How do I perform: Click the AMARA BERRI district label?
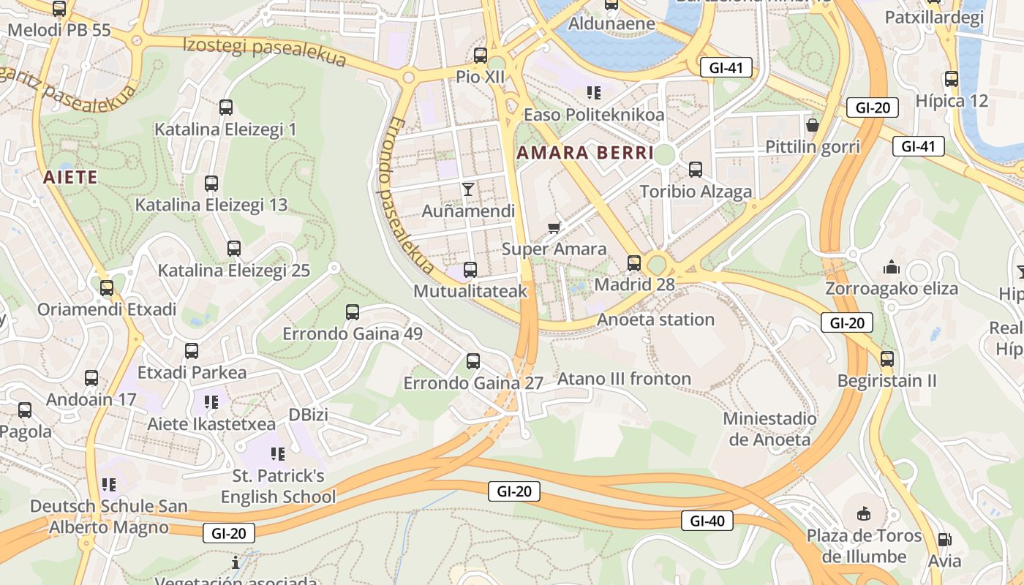point(585,153)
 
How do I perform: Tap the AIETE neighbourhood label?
point(70,177)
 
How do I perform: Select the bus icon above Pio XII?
point(481,55)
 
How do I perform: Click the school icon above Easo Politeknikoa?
point(593,93)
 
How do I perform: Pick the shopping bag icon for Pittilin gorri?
point(812,124)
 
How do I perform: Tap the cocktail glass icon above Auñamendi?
point(468,189)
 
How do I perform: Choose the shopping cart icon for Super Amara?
point(554,227)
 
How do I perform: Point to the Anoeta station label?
point(655,320)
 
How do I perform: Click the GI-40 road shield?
point(707,521)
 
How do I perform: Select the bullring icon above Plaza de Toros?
point(864,513)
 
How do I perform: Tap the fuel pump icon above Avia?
point(944,540)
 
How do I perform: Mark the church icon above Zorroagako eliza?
point(892,266)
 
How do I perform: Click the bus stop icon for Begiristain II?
point(887,359)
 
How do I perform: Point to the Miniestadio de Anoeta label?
point(769,429)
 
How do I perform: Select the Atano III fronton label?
point(624,379)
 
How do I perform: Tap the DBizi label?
point(308,415)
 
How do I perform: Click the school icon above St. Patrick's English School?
point(278,454)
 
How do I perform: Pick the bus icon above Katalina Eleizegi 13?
point(211,184)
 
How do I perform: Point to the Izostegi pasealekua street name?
point(264,51)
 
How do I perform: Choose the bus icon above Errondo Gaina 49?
point(353,312)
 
